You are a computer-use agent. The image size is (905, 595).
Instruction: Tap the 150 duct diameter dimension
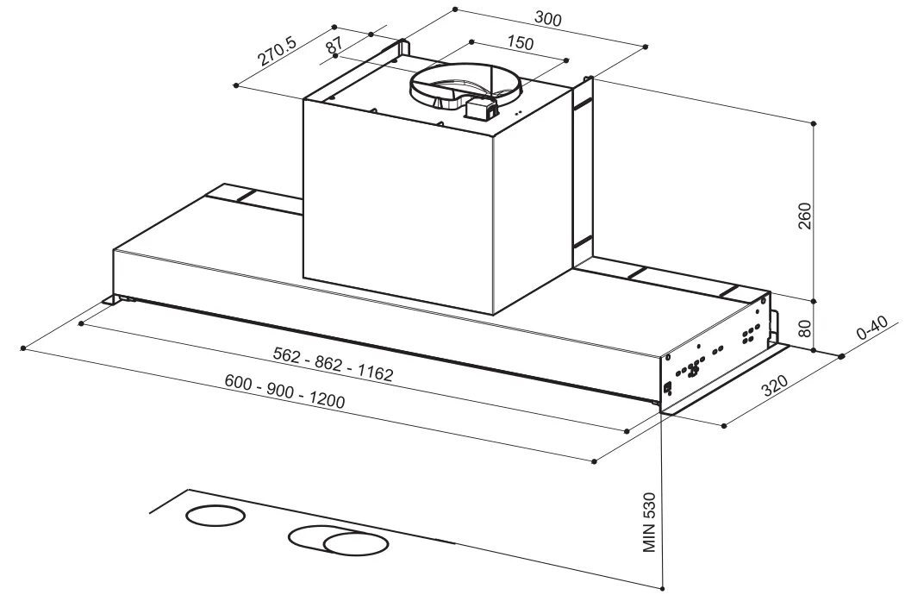[x=520, y=43]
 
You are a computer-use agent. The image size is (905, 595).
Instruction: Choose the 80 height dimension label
[x=805, y=329]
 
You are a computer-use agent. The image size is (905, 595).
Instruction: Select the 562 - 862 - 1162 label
[x=333, y=363]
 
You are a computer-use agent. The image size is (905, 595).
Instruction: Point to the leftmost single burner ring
[x=215, y=516]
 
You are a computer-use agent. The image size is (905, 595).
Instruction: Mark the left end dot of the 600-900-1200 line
[x=23, y=348]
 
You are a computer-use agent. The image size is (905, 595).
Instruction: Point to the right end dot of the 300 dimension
[x=646, y=47]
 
